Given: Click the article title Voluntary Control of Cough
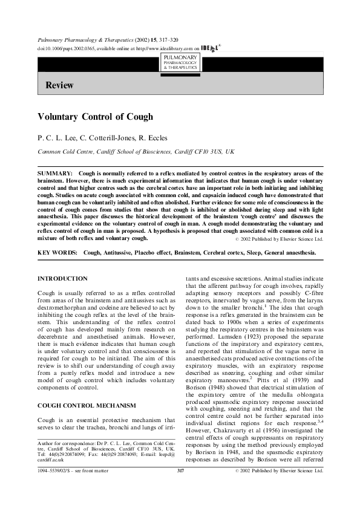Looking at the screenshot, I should (x=96, y=117).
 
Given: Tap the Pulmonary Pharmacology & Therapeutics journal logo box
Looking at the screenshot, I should (x=180, y=61).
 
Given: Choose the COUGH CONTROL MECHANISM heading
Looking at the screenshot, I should (x=82, y=405).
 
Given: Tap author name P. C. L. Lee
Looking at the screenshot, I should (x=59, y=138).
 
